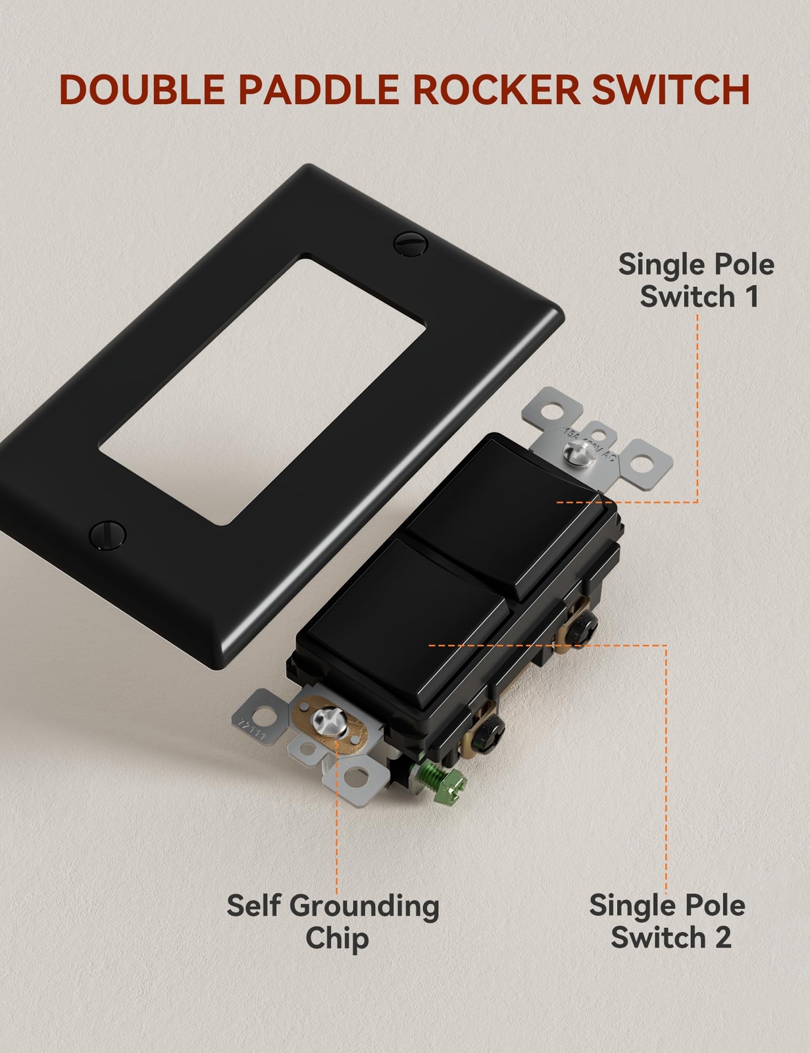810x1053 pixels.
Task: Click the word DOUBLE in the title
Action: coord(141,90)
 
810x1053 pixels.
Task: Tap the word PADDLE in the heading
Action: coord(319,90)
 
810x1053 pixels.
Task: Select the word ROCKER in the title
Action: coord(497,90)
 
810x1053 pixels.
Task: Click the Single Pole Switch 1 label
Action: coord(697,280)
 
